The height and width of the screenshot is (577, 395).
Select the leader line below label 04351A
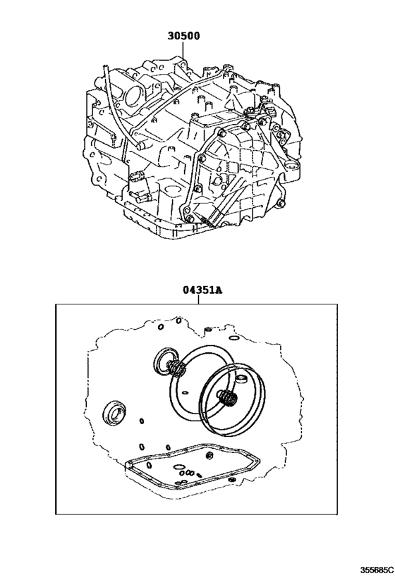point(198,299)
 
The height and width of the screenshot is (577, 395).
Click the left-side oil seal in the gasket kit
point(114,413)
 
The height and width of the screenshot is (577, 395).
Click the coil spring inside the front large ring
point(228,399)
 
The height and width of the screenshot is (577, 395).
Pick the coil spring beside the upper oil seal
point(179,368)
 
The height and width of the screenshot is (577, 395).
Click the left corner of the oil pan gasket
point(126,465)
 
